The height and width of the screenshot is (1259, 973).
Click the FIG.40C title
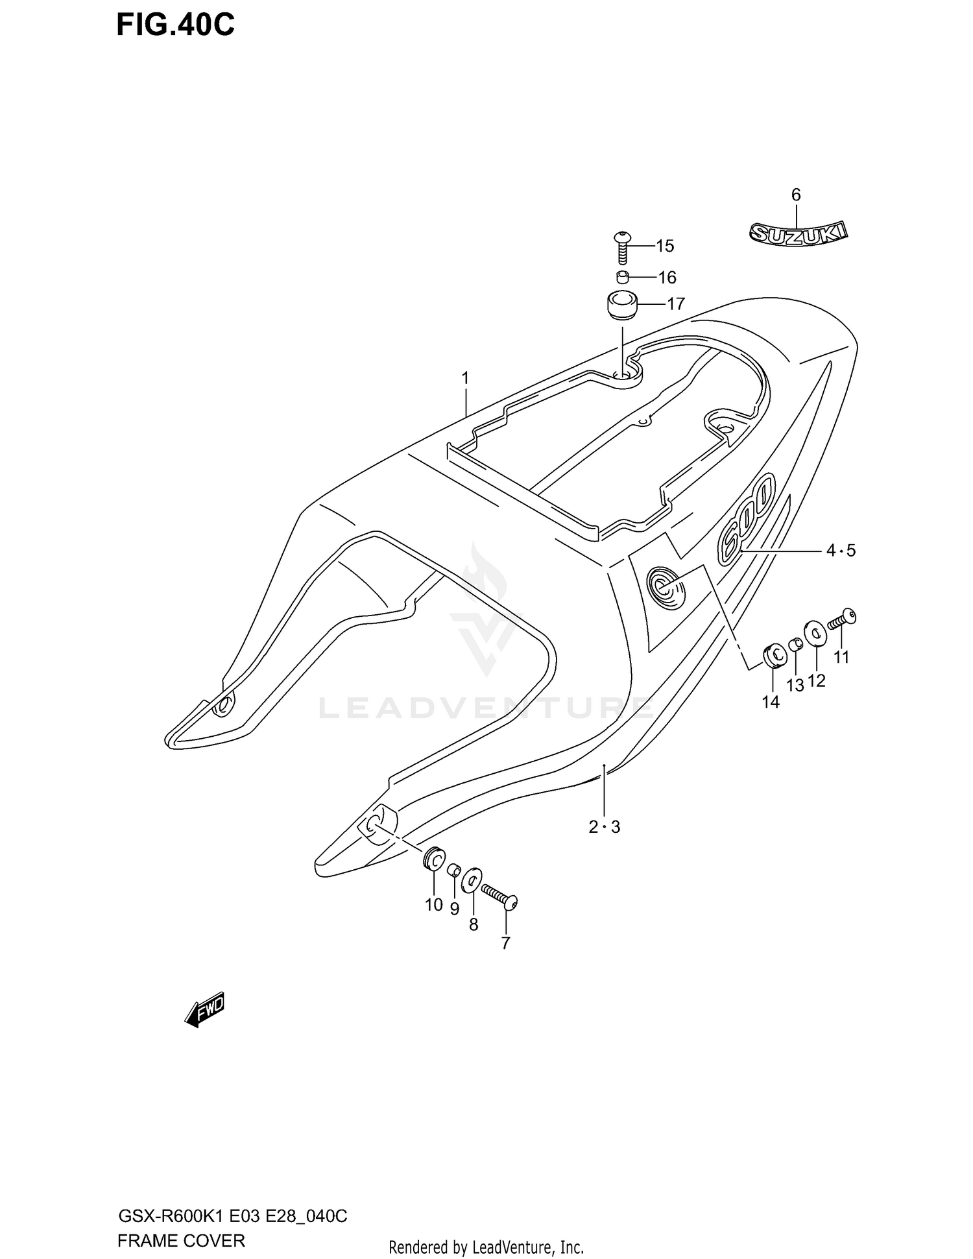[x=175, y=25]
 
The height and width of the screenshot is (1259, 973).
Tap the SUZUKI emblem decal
[x=799, y=234]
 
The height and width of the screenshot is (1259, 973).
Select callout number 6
[x=796, y=195]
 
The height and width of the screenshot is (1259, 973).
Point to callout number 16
[x=667, y=278]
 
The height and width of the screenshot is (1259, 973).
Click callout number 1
[x=465, y=378]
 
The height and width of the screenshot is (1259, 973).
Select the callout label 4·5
[x=841, y=551]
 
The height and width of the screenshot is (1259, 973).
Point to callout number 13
[x=795, y=684]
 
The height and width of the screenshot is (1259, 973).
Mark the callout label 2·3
[x=604, y=827]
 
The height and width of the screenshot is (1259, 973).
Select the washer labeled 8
[x=472, y=881]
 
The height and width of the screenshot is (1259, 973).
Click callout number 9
[x=455, y=909]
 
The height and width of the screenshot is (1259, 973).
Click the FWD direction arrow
[x=204, y=1009]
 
